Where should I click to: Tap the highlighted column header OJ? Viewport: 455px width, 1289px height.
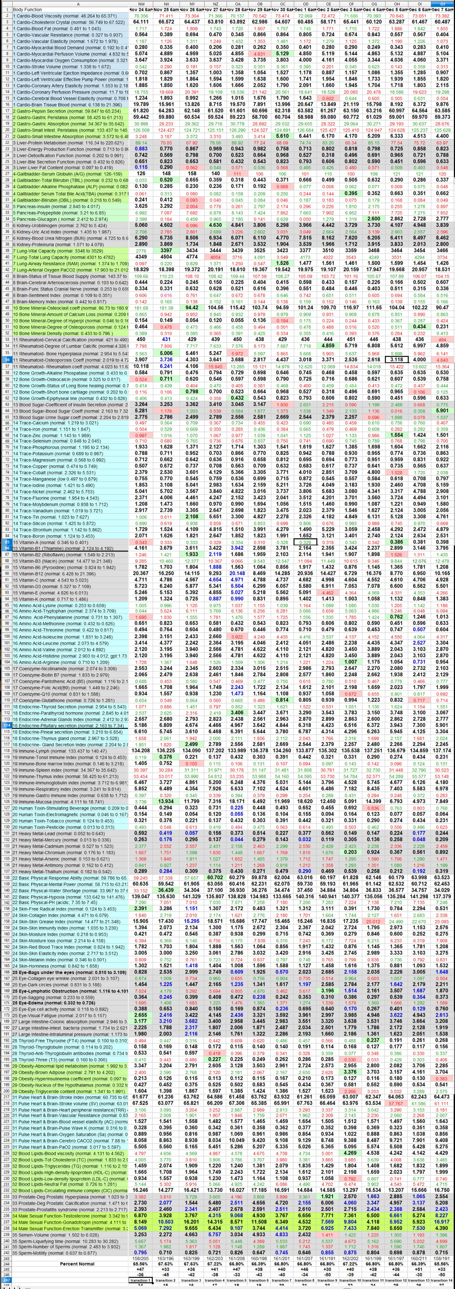[442, 4]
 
